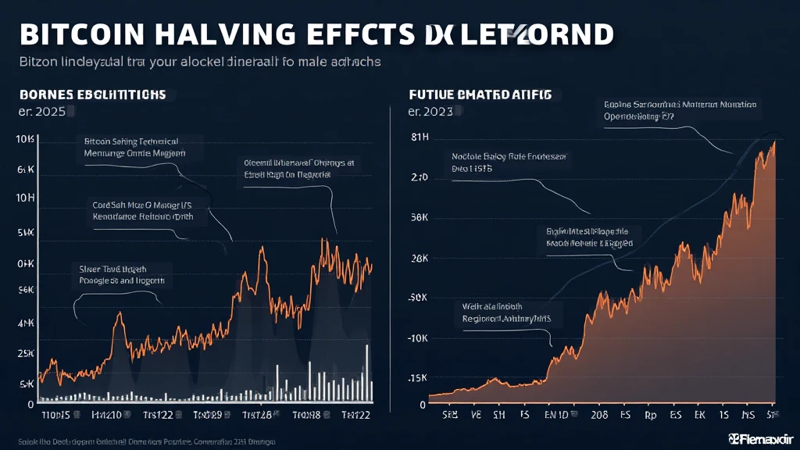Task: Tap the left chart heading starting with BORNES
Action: (92, 94)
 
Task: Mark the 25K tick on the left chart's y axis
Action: (25, 354)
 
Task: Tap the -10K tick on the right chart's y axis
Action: (417, 338)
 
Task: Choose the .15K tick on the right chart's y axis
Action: (417, 378)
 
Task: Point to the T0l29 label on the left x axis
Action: (207, 415)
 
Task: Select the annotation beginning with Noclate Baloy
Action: (509, 162)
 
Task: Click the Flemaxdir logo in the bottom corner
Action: (759, 437)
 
